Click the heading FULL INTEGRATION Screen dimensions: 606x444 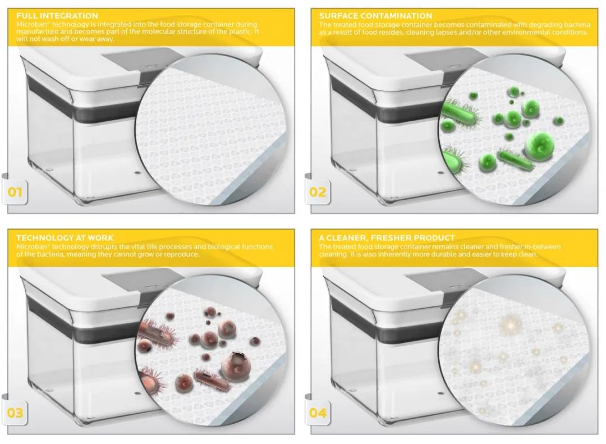[57, 16]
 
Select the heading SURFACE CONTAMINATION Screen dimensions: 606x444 [375, 16]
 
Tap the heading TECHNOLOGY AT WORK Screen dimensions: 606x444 [65, 237]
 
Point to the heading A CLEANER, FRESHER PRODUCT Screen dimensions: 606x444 [387, 237]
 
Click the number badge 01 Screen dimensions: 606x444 [15, 192]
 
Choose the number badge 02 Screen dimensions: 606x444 [317, 192]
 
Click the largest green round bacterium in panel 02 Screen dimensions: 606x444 [539, 146]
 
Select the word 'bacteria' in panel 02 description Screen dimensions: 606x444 [577, 25]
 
